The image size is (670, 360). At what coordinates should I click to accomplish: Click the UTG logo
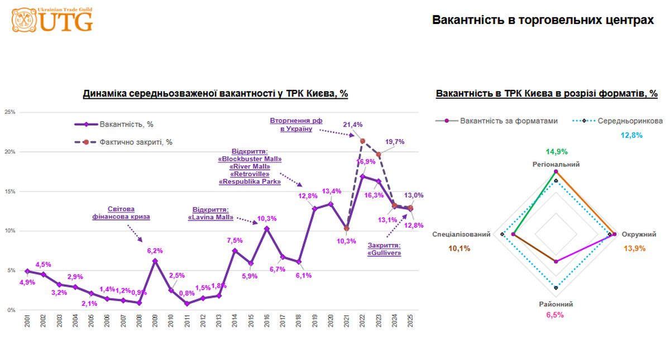(52, 20)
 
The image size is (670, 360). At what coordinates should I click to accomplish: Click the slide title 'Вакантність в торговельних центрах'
(543, 20)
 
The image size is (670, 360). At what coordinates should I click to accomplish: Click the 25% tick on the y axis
(9, 112)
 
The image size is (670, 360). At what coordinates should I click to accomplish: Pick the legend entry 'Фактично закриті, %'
(136, 142)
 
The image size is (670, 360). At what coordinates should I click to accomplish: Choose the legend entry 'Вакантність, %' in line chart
(126, 124)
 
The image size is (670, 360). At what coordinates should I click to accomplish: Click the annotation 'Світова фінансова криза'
(121, 213)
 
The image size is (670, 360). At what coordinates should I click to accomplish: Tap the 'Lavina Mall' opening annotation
(210, 214)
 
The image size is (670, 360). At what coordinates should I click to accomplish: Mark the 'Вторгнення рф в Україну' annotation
(296, 124)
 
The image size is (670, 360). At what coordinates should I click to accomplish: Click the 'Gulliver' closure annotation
(384, 249)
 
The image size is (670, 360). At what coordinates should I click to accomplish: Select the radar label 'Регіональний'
(556, 165)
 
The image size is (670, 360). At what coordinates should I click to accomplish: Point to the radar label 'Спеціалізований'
(461, 234)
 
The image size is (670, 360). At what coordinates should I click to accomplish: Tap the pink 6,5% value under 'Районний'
(555, 315)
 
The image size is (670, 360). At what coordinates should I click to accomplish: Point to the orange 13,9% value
(634, 248)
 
